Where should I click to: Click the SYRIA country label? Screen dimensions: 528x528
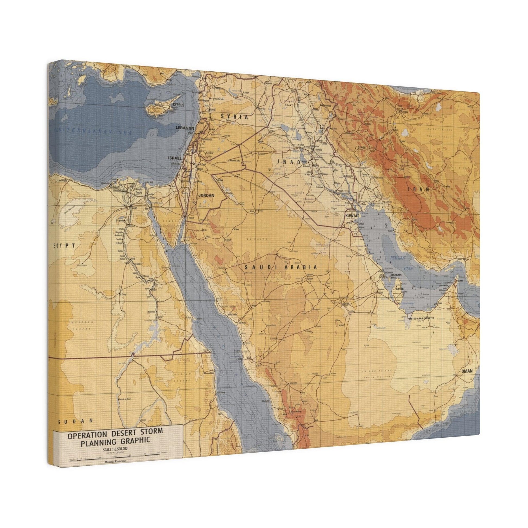click(x=234, y=117)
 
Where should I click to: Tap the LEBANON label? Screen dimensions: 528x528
click(x=185, y=128)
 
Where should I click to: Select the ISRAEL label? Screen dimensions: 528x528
click(x=175, y=158)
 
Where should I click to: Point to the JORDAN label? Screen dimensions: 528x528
click(x=206, y=195)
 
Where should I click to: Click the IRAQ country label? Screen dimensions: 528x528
click(x=289, y=162)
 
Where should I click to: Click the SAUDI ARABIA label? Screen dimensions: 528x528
click(x=281, y=267)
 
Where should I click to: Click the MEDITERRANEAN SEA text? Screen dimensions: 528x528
click(x=93, y=132)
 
